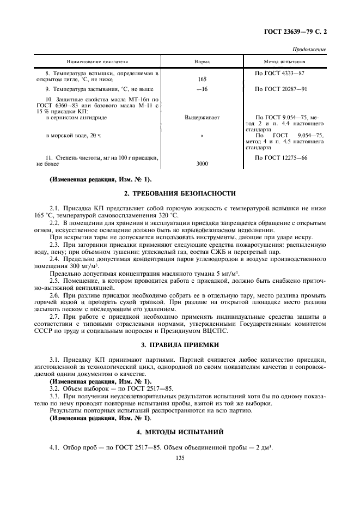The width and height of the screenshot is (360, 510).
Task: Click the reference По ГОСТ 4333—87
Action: (279, 72)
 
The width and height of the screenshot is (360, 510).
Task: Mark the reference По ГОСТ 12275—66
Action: (281, 157)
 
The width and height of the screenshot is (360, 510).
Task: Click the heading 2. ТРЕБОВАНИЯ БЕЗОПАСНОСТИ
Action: (180, 193)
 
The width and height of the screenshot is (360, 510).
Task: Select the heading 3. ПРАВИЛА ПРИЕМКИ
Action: (180, 345)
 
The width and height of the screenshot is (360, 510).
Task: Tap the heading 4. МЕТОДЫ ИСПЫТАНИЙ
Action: (180, 432)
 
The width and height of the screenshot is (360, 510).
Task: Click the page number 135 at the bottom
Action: (180, 459)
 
